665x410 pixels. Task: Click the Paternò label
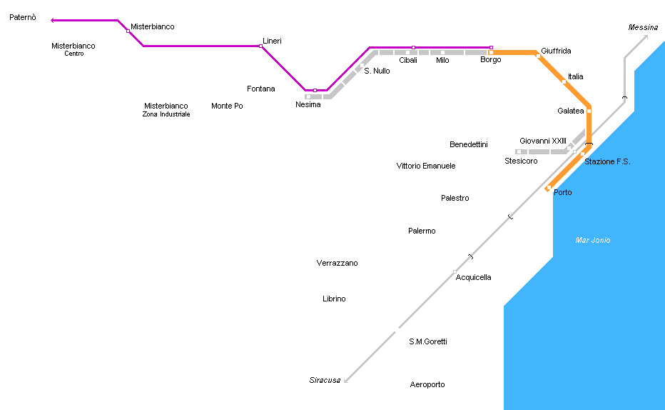pos(23,17)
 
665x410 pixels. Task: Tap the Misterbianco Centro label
pos(73,49)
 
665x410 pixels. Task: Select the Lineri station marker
pos(261,46)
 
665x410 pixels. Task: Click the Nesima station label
pos(308,105)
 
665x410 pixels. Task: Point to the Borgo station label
pos(491,60)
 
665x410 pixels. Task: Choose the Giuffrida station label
pos(556,51)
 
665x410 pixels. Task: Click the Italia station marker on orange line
pos(564,81)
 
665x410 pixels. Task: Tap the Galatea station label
pos(571,111)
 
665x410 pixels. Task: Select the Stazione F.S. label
pos(607,162)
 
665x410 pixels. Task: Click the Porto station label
pos(563,193)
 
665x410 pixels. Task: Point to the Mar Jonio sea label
pos(593,241)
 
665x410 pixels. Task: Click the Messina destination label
pos(643,28)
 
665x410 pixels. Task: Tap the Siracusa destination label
pos(325,380)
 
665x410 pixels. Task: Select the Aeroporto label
pos(427,385)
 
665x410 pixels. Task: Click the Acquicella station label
pos(474,278)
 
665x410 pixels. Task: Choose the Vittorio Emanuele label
pos(426,166)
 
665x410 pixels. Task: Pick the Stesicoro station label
pos(521,161)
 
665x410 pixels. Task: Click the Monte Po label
pos(227,106)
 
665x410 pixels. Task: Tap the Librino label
pos(334,299)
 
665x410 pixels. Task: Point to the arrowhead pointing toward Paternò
pos(54,21)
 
